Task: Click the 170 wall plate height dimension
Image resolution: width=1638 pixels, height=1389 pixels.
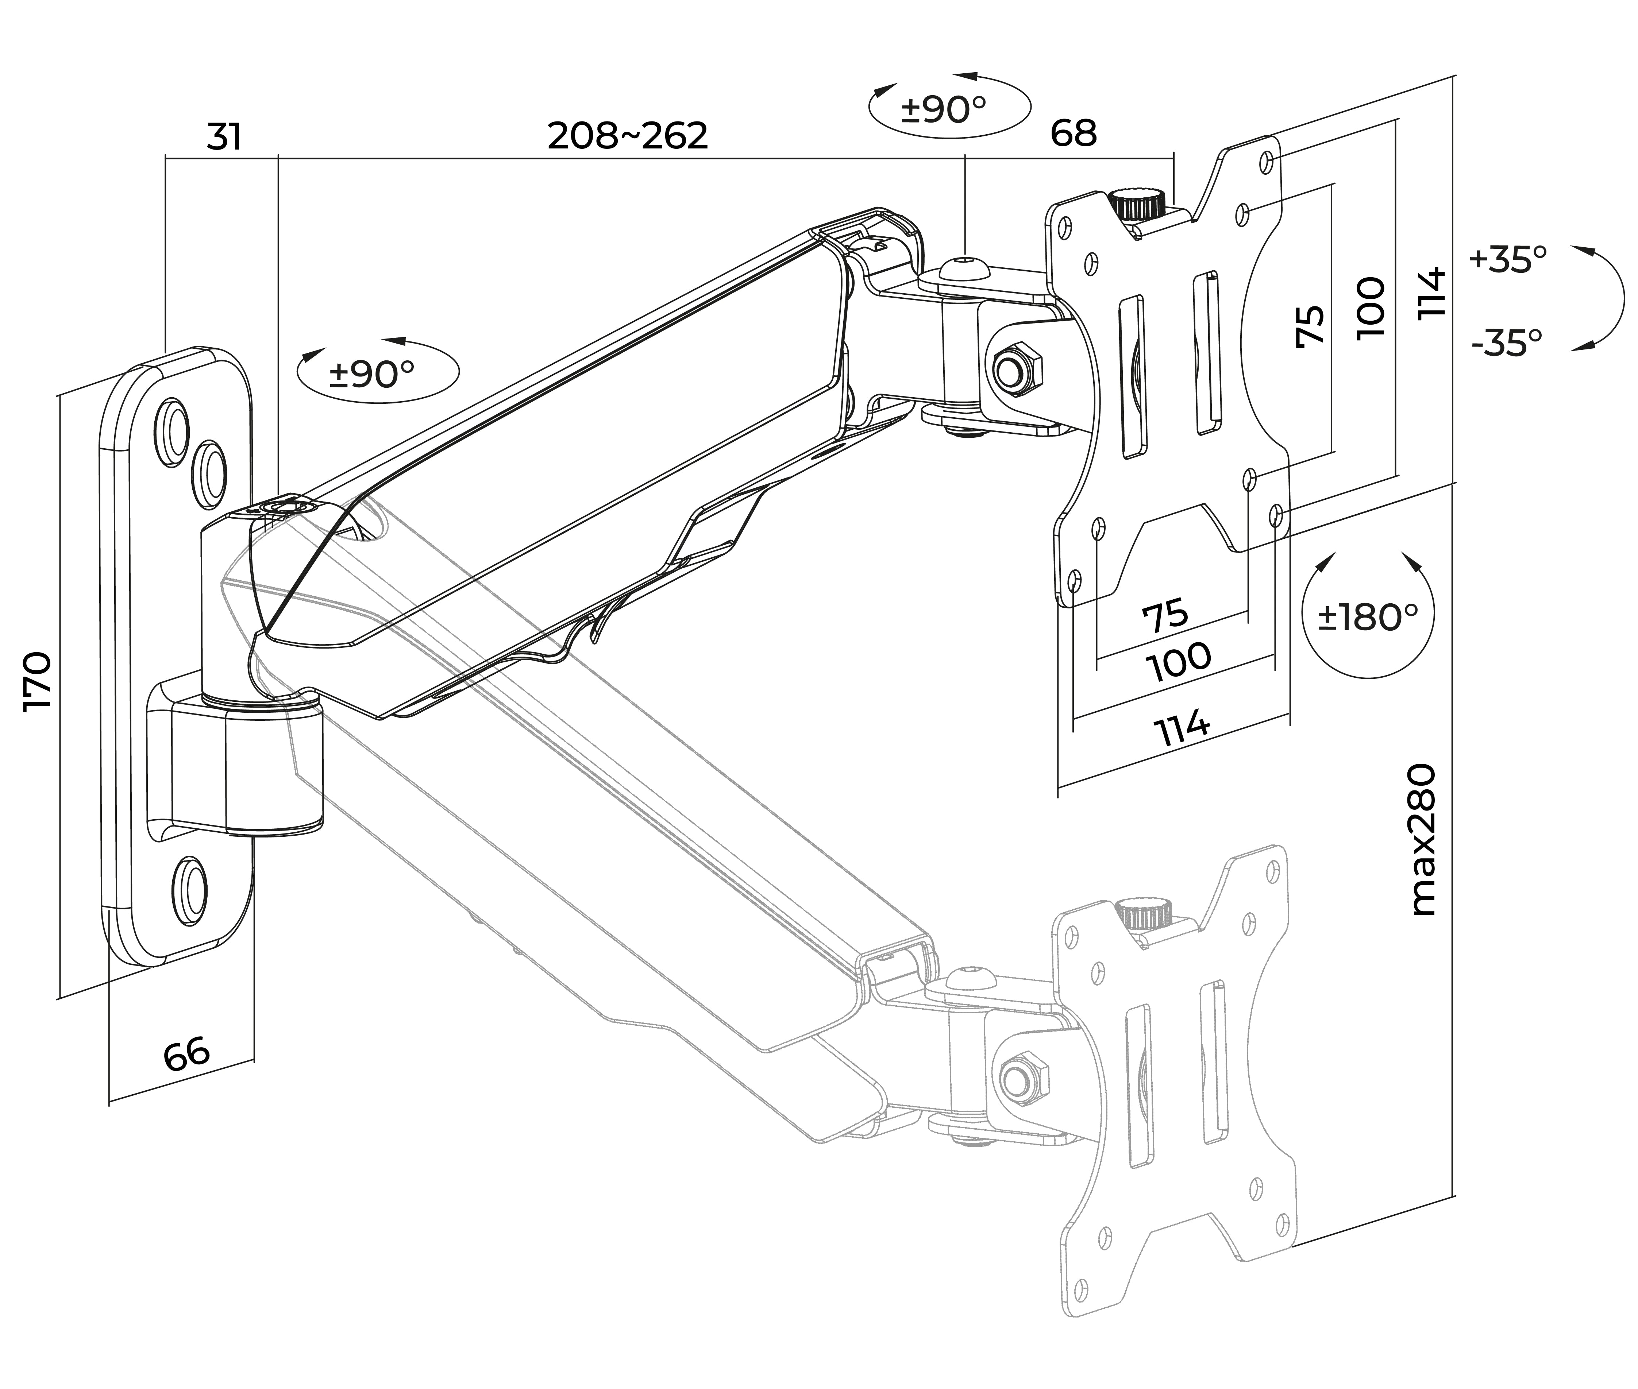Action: tap(38, 681)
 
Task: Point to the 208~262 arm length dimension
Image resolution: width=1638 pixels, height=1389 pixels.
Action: tap(628, 135)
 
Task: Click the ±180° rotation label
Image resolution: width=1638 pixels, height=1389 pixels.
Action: tap(1368, 617)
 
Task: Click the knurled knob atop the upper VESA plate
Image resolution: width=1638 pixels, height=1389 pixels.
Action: tap(1139, 205)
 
